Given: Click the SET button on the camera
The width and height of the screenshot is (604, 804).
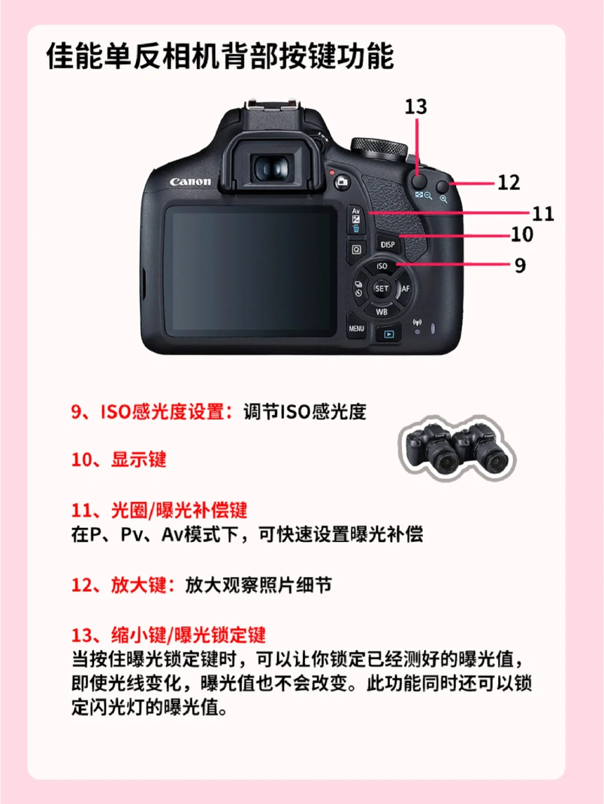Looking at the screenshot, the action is tap(381, 289).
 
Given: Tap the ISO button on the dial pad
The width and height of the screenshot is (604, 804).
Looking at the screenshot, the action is tap(381, 267).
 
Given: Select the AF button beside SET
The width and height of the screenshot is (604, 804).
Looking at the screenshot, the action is tap(405, 289).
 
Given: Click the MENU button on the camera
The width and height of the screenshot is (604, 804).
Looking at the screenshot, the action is tap(356, 327).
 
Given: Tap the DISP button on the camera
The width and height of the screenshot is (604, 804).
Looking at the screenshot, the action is tap(388, 244).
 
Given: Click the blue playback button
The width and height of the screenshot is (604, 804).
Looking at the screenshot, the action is tap(389, 334).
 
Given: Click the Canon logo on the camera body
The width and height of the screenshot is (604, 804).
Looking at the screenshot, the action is tap(190, 182).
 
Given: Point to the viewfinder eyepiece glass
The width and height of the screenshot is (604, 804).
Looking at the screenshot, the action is tap(272, 168).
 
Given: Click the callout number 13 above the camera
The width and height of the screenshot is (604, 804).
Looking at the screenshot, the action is tap(416, 107).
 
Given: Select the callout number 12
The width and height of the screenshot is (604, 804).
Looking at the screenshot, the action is tap(509, 182).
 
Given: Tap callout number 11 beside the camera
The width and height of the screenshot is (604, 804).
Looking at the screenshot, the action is tap(543, 213).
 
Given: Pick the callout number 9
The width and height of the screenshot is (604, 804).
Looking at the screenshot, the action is tap(520, 265).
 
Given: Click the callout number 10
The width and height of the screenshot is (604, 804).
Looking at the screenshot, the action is tap(522, 234).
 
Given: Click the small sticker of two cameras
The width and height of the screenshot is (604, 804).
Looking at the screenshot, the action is tap(457, 448).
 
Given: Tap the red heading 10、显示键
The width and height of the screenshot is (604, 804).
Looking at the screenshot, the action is tap(119, 459).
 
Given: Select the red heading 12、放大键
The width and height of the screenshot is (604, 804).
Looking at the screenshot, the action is tap(124, 585).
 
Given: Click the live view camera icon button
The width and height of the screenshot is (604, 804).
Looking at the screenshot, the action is tap(342, 182).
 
